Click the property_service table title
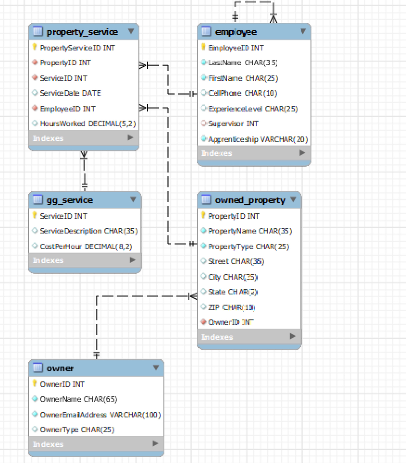click(x=82, y=32)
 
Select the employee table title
click(x=236, y=32)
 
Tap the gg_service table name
click(x=70, y=200)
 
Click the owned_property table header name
click(x=250, y=200)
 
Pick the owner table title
click(x=60, y=368)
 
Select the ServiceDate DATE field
click(x=70, y=93)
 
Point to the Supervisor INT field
click(x=233, y=124)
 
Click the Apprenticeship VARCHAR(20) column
click(x=258, y=139)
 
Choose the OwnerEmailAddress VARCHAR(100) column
click(x=100, y=414)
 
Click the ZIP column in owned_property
click(x=231, y=307)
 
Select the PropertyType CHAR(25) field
click(x=249, y=246)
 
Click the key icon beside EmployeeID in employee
click(x=203, y=47)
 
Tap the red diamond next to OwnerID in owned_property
click(x=204, y=322)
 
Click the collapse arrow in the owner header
click(x=156, y=368)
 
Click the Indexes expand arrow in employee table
click(x=302, y=153)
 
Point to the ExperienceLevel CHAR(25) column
click(x=253, y=109)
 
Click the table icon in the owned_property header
click(x=206, y=199)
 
